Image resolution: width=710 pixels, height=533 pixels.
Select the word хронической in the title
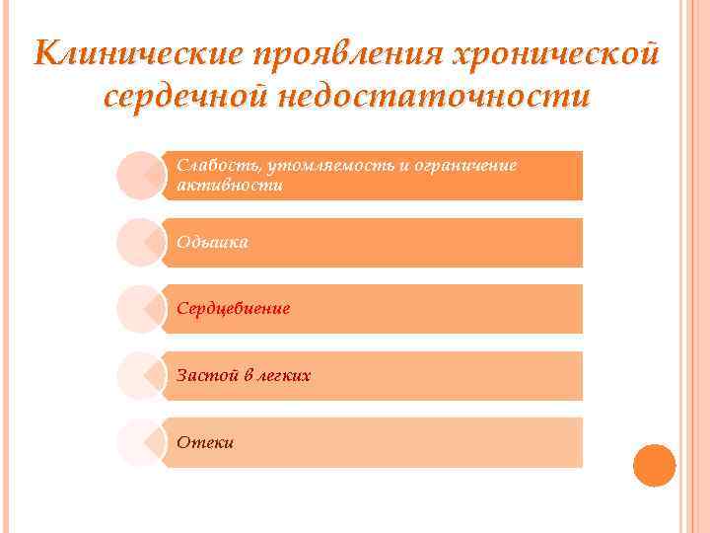click(553, 52)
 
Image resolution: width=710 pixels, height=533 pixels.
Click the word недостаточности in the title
click(435, 97)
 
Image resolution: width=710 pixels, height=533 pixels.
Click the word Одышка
click(212, 242)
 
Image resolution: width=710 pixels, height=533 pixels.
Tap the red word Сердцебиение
click(233, 309)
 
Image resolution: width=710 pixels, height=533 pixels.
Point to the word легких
click(284, 375)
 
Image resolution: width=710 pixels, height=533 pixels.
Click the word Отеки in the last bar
click(205, 442)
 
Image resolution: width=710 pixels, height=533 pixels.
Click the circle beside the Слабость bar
click(140, 176)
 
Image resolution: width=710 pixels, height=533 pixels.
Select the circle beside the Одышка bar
click(140, 243)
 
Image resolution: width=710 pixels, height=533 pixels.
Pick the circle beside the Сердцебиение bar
click(140, 309)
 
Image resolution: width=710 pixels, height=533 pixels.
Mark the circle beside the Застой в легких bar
click(140, 376)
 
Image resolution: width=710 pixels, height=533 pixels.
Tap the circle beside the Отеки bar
click(140, 442)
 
